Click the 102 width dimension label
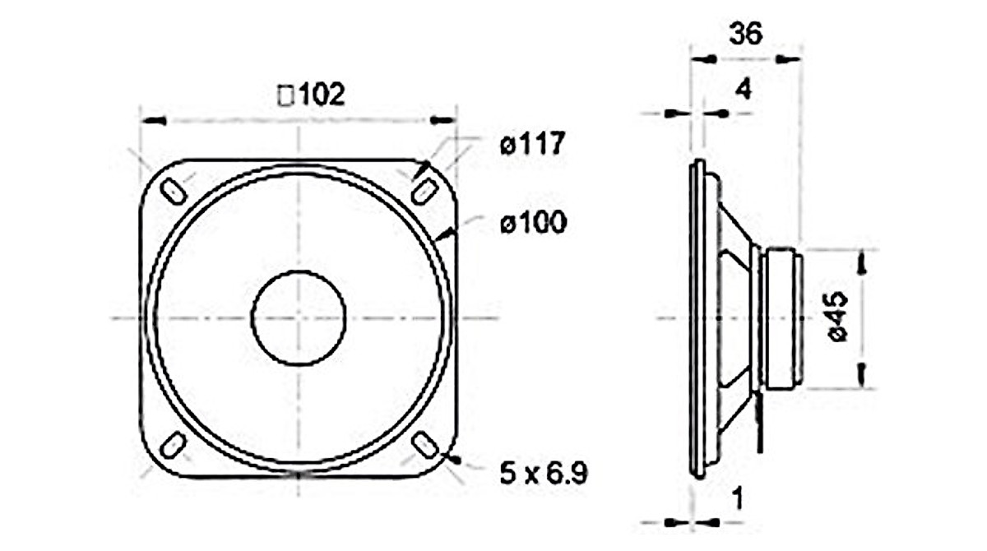point(311,95)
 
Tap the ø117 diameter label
point(532,143)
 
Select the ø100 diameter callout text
point(533,222)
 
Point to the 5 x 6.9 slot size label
point(544,475)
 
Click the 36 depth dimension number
point(745,34)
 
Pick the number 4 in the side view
point(744,90)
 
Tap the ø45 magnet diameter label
point(837,317)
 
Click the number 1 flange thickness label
point(737,498)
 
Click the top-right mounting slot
point(424,192)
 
